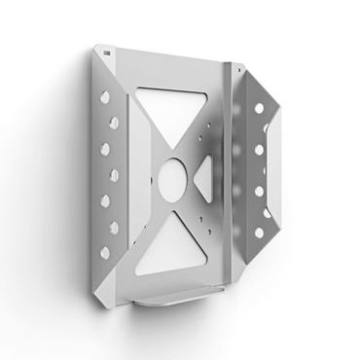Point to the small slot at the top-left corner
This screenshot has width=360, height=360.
pos(103,49)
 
